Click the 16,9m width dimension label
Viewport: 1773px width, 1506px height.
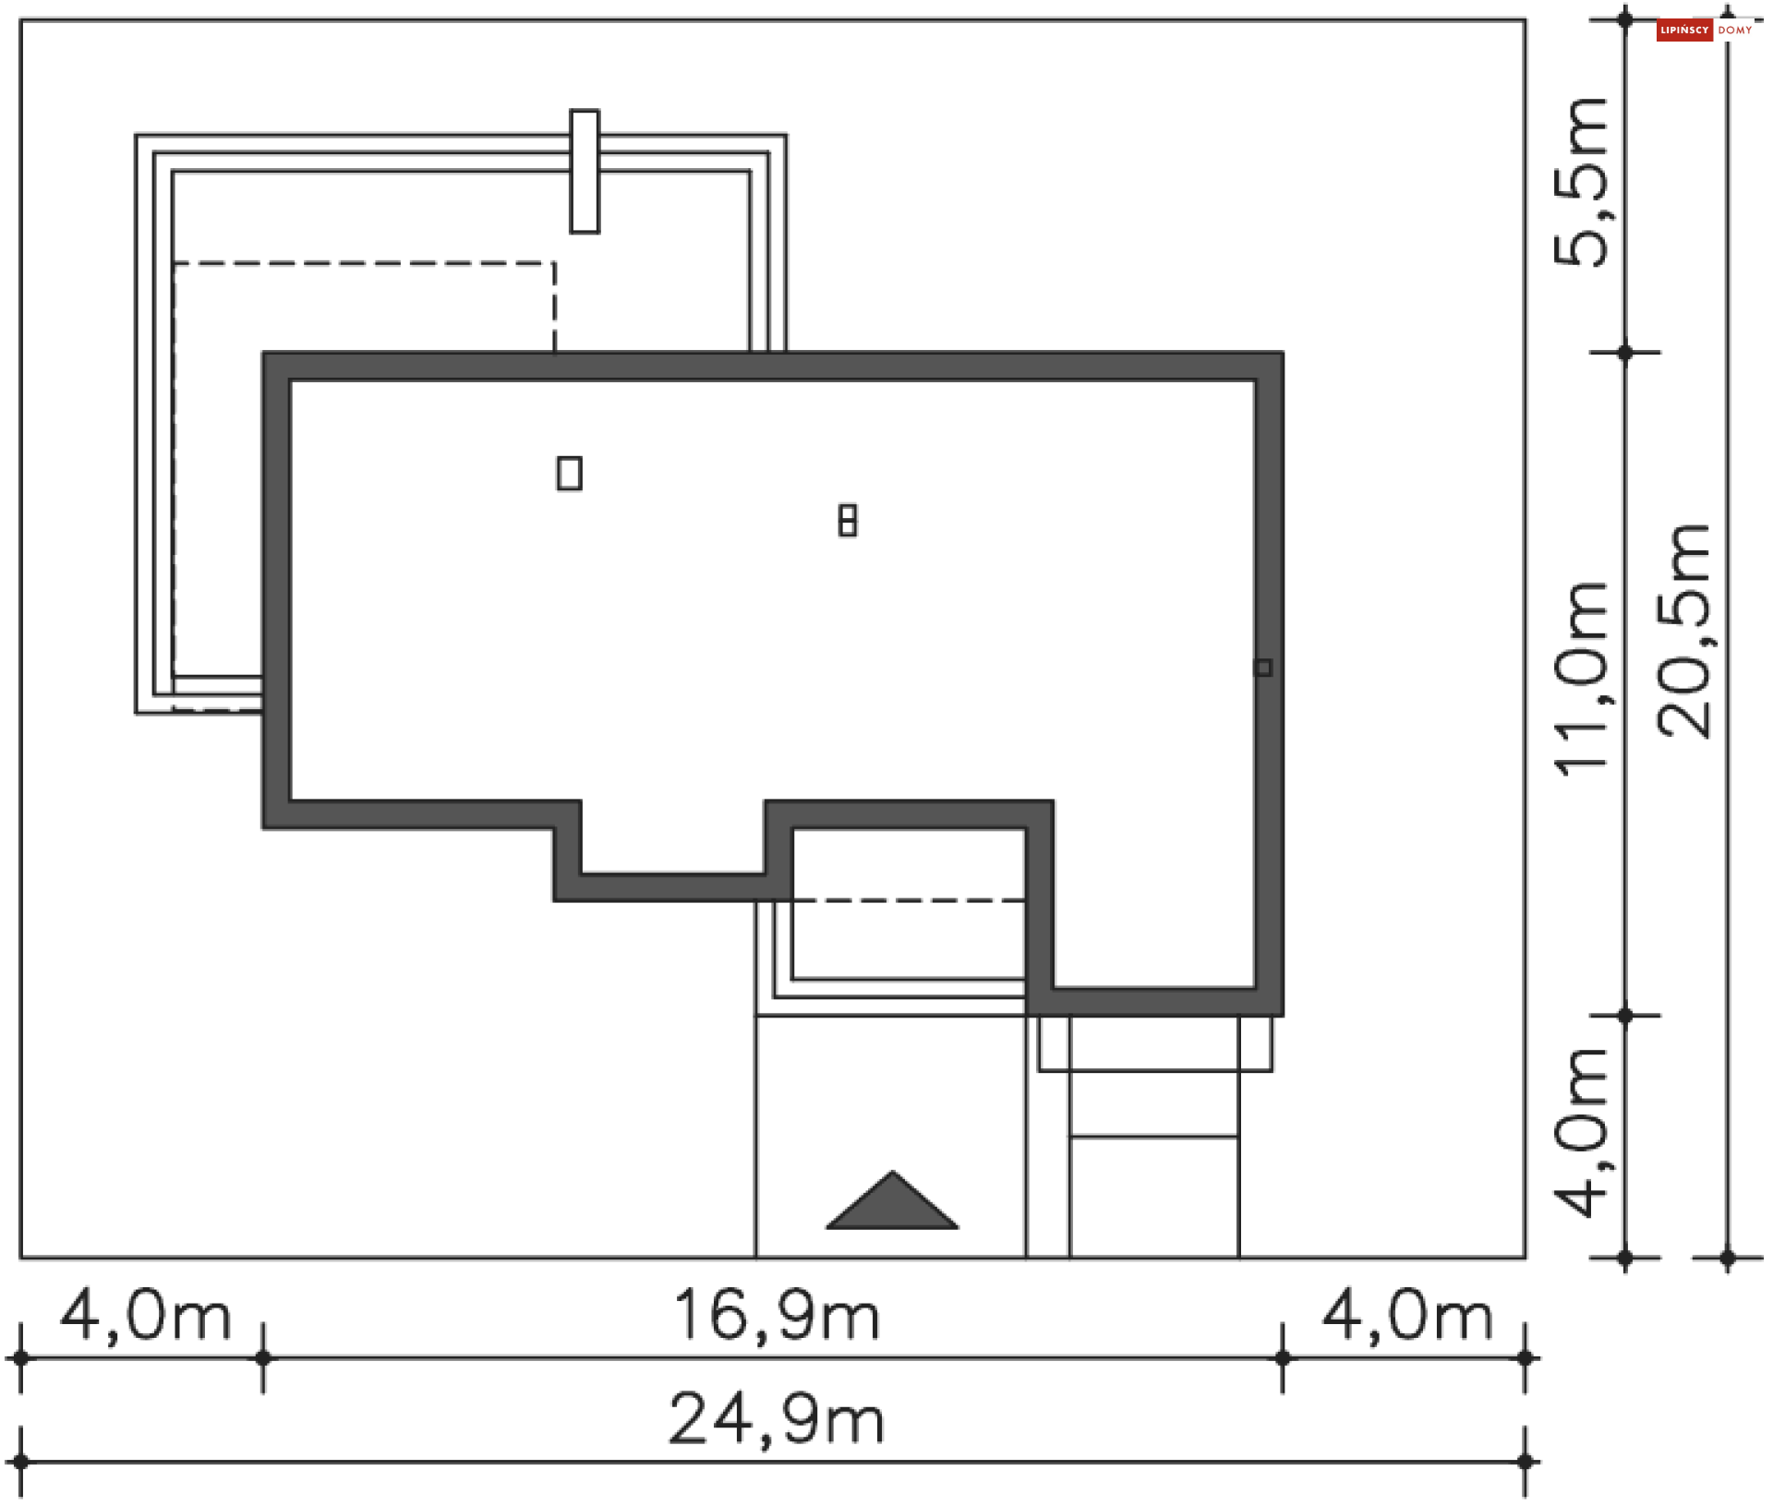point(776,1315)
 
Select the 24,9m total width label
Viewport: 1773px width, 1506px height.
point(776,1418)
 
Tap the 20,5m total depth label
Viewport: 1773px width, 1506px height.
point(1683,630)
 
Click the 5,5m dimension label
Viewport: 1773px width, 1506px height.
point(1580,182)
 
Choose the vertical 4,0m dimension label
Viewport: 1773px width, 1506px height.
point(1580,1133)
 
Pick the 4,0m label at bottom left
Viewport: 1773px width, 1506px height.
point(145,1315)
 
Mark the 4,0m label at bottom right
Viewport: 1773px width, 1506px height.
point(1406,1315)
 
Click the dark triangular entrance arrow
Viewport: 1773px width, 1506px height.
point(892,1202)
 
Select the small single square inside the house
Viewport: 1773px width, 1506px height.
point(570,473)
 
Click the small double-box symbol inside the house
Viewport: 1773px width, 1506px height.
point(848,520)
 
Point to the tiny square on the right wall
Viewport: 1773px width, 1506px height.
point(1263,667)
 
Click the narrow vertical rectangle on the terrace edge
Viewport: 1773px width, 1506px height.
point(585,172)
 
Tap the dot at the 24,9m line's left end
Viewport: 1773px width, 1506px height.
point(20,1462)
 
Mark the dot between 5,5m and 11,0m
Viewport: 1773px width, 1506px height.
point(1625,352)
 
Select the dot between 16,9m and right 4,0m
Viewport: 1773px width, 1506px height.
point(1283,1358)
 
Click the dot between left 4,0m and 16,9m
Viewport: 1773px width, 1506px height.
point(263,1358)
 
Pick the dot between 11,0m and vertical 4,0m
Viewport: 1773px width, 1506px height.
point(1625,1016)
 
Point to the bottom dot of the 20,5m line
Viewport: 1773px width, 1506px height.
point(1728,1257)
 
